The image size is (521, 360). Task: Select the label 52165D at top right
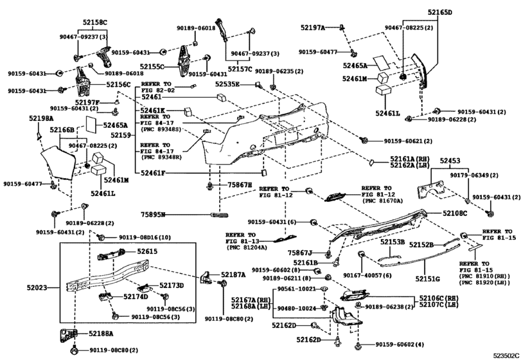pos(440,12)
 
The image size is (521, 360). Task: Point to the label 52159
pos(121,136)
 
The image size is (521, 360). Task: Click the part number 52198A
pos(41,119)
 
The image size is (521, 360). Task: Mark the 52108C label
pos(455,213)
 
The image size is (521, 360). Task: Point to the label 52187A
pos(233,274)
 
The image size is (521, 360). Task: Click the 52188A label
pos(101,334)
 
